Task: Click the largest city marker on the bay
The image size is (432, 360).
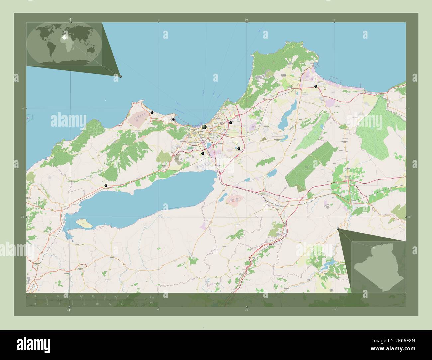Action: (x=204, y=127)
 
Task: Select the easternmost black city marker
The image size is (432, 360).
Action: (x=316, y=86)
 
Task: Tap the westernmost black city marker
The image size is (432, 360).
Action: (x=106, y=186)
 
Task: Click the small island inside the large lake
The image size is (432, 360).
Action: (x=84, y=224)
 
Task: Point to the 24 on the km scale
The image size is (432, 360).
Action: (x=128, y=296)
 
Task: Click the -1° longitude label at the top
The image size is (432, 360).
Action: (x=70, y=20)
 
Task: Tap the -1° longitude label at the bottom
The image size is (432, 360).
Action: (x=69, y=310)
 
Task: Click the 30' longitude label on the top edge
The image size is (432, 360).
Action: (x=246, y=20)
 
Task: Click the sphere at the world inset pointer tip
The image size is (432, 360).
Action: (x=120, y=76)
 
